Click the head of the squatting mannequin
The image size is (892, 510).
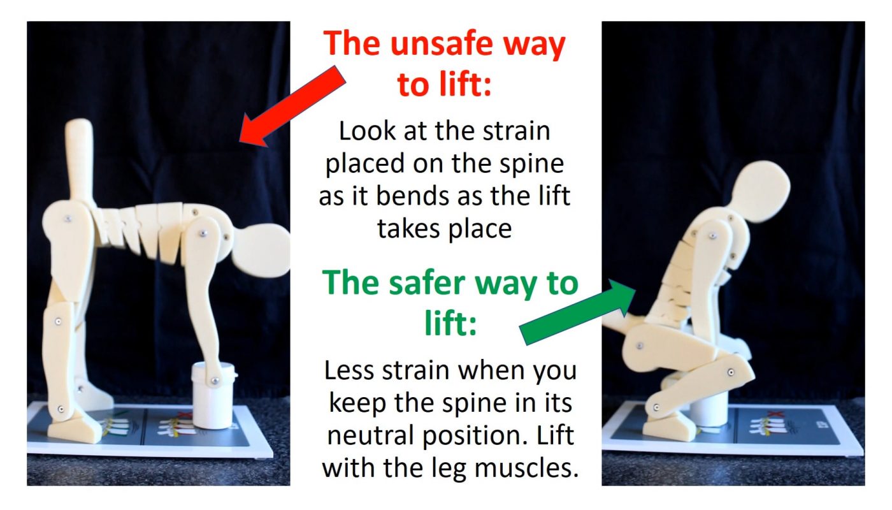point(761,191)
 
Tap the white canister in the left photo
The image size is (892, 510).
point(214,395)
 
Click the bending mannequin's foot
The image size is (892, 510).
point(76,426)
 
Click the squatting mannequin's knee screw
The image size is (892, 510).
point(731,370)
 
